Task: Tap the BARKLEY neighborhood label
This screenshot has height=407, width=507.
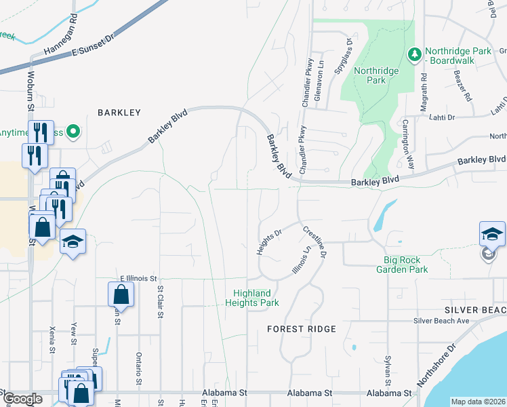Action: [119, 113]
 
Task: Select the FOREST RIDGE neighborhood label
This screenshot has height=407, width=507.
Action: [302, 329]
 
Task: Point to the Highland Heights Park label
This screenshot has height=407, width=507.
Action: [252, 298]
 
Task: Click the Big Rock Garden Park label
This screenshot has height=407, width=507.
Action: [406, 265]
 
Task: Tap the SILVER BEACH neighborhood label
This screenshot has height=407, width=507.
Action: [475, 309]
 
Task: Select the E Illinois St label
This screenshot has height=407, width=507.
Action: [138, 278]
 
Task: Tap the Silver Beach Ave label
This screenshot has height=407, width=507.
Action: [441, 320]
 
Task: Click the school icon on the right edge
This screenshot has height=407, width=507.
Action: [492, 235]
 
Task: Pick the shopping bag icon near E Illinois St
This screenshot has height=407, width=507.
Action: [121, 295]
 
